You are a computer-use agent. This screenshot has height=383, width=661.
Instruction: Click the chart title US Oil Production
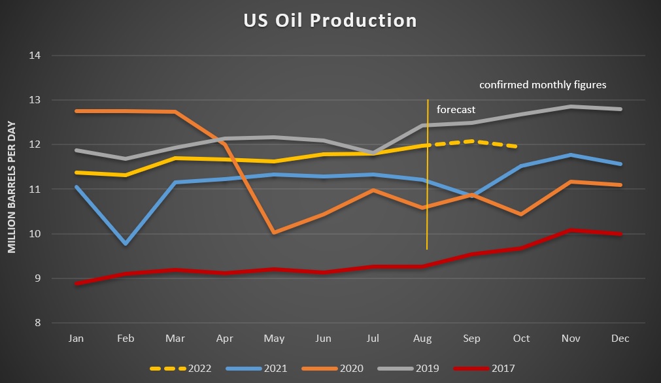(x=330, y=21)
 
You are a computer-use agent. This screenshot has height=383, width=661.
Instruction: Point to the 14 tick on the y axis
(x=35, y=56)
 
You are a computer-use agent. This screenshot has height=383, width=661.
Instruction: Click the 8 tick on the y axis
(x=38, y=323)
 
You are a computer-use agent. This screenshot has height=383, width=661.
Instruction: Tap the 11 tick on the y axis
(x=35, y=190)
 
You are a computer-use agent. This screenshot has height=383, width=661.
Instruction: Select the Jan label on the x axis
(x=76, y=339)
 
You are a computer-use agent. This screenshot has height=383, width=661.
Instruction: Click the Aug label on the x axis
(x=422, y=339)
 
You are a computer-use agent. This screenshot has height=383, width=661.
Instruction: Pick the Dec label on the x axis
(x=620, y=339)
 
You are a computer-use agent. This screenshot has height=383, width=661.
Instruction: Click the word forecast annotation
(x=456, y=110)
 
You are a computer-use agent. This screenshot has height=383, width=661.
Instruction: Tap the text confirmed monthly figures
(x=543, y=85)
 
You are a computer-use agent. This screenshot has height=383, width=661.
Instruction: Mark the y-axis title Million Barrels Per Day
(x=12, y=187)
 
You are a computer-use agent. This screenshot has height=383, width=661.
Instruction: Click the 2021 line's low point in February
(x=126, y=244)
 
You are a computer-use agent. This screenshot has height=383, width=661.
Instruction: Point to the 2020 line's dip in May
(x=275, y=232)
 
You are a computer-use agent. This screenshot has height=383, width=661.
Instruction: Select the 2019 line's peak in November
(x=570, y=106)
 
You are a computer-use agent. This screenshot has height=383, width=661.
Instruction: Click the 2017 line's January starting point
(x=76, y=284)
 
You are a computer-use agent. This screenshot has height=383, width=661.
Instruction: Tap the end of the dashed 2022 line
(x=520, y=146)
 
